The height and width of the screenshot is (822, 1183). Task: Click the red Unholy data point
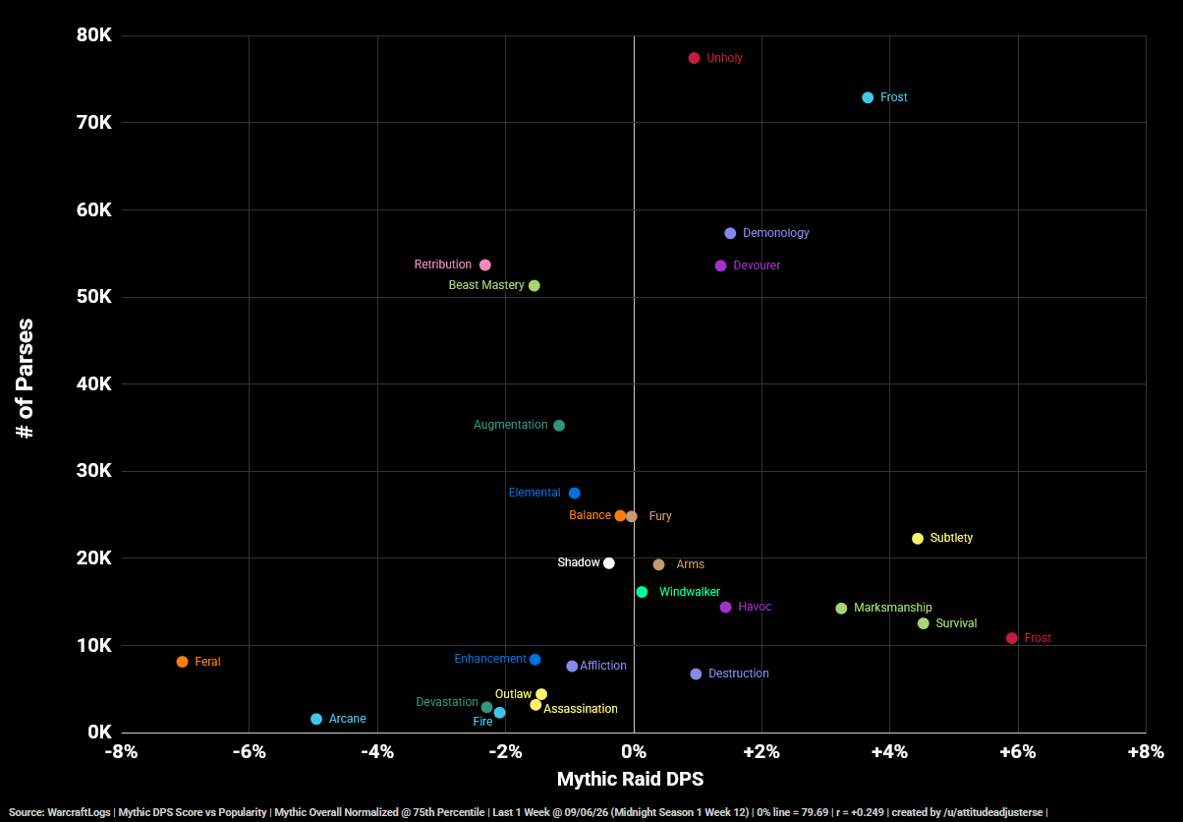(694, 58)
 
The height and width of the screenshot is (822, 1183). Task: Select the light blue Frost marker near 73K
(868, 97)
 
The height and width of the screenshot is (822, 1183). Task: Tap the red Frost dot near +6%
(1012, 638)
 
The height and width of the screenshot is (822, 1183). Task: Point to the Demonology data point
(730, 233)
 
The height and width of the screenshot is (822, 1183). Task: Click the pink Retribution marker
(484, 264)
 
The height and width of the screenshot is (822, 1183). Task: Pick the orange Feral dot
(182, 662)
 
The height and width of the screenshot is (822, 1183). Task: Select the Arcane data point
(316, 719)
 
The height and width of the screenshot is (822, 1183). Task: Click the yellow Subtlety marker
(918, 538)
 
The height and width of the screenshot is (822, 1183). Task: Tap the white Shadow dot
(609, 563)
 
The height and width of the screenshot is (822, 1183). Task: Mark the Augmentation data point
(559, 426)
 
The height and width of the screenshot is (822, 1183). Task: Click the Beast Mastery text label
(486, 285)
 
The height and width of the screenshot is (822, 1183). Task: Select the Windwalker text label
(690, 592)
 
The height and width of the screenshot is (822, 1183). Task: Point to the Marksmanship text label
(892, 608)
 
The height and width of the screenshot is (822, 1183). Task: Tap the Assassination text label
(581, 709)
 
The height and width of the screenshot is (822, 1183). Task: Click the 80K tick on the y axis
(94, 35)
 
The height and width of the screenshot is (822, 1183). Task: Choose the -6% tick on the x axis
(250, 751)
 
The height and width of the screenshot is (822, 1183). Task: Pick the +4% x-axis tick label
(889, 751)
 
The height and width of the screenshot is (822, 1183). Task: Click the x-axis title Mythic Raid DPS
(630, 779)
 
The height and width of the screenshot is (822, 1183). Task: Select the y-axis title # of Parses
(25, 379)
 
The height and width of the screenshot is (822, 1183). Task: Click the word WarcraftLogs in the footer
(80, 812)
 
